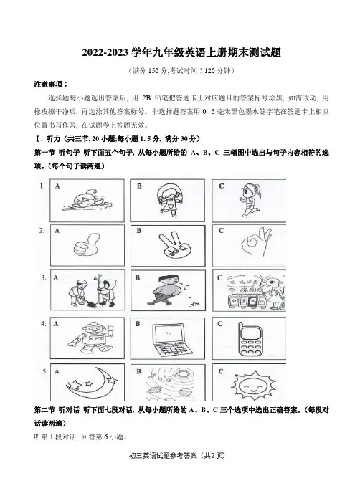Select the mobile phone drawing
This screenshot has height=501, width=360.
pyautogui.click(x=251, y=339)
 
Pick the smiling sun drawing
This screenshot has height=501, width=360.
pyautogui.click(x=253, y=385)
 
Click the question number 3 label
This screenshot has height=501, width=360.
pyautogui.click(x=44, y=277)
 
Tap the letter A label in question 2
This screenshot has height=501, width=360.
pyautogui.click(x=57, y=230)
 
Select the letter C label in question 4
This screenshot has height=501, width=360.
pyautogui.click(x=220, y=324)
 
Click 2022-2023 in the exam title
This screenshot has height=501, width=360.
pyautogui.click(x=105, y=52)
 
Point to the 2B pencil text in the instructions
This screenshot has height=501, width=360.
pyautogui.click(x=146, y=97)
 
